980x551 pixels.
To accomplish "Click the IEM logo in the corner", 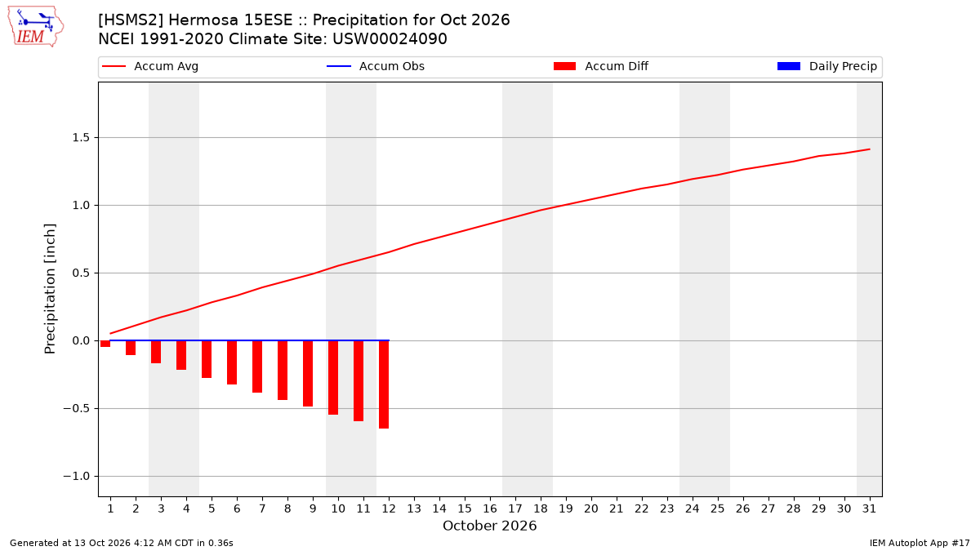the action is tap(35, 27).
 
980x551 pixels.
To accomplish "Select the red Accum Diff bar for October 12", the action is tap(384, 384).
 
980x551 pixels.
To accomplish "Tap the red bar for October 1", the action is tap(105, 344).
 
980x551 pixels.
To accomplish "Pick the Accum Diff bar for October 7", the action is tap(257, 367).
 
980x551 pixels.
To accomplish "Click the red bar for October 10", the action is tap(333, 377).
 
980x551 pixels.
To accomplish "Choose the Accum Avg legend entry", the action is tap(150, 66).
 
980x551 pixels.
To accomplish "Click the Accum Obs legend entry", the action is tap(376, 66).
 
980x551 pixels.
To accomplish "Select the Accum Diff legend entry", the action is tap(601, 66).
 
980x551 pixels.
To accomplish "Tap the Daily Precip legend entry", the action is tap(826, 66).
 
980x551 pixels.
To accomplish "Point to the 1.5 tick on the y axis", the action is tap(81, 138).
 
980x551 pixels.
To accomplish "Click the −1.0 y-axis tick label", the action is tap(76, 476).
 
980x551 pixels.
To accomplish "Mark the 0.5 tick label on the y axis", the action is tap(81, 273).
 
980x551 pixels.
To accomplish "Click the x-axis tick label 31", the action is tap(869, 509).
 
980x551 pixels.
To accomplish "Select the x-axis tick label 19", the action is tap(566, 509).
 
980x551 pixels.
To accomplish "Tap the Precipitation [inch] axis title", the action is tap(50, 289).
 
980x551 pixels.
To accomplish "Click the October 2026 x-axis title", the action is tap(489, 526).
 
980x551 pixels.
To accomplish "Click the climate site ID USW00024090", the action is tap(390, 39).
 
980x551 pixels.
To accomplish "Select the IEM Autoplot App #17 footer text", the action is tap(920, 543).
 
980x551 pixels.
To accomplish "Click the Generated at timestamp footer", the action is tap(122, 543).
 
